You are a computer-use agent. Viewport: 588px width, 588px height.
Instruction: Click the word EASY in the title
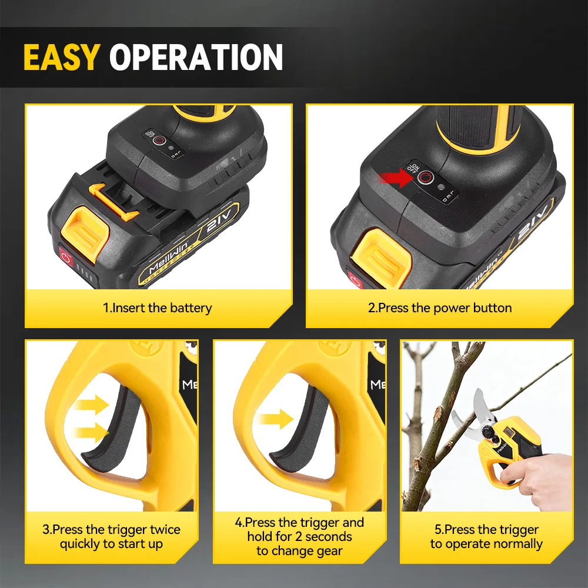click(x=62, y=57)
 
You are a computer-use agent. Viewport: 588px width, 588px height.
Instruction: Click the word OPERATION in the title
click(x=196, y=57)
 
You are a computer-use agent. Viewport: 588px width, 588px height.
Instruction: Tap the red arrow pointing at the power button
click(x=396, y=178)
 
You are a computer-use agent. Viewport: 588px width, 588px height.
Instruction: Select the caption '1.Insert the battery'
click(x=157, y=308)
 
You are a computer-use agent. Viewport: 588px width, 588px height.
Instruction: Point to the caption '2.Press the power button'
click(x=439, y=308)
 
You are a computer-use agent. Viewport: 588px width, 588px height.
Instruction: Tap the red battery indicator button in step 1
click(x=66, y=257)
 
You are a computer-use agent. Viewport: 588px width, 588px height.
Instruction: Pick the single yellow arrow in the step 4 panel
click(x=276, y=419)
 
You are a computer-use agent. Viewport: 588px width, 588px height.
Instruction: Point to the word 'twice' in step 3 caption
click(x=165, y=530)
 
